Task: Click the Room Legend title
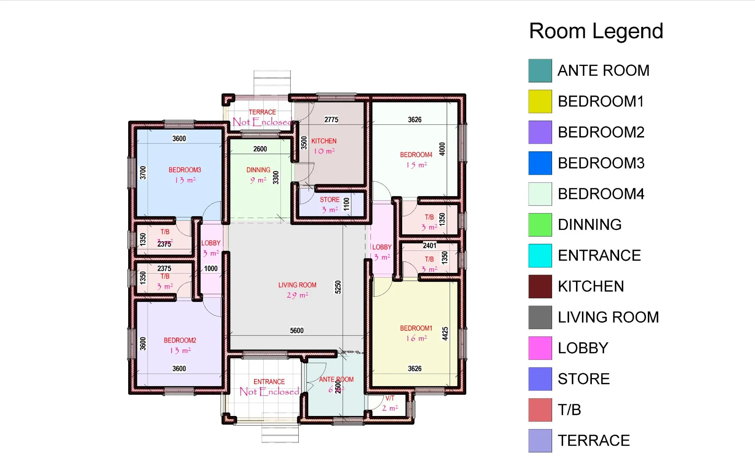596,31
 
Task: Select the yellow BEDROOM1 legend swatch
540,101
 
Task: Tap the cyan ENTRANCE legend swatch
540,255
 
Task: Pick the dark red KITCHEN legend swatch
540,286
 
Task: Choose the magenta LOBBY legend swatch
540,348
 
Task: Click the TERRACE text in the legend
593,440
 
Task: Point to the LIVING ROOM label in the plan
297,285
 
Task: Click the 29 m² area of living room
297,295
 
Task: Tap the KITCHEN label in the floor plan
324,141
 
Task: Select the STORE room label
329,200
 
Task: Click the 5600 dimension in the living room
296,331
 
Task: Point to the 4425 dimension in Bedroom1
445,334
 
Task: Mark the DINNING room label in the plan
258,170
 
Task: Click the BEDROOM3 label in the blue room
185,170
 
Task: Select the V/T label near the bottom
390,398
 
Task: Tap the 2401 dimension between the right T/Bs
429,245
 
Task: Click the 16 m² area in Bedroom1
416,338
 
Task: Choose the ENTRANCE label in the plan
269,382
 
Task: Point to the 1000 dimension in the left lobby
211,268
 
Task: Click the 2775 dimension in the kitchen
331,120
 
